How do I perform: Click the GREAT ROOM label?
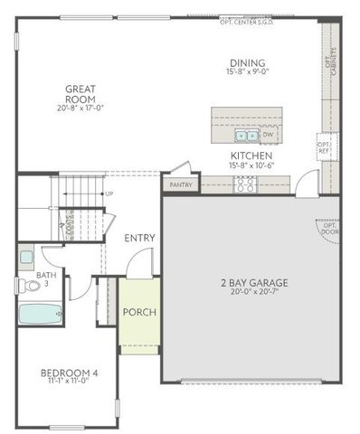pyautogui.click(x=81, y=93)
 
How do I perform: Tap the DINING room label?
pyautogui.click(x=247, y=62)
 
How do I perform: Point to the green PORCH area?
pyautogui.click(x=139, y=313)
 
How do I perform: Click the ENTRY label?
pyautogui.click(x=140, y=238)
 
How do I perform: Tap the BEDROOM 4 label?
pyautogui.click(x=69, y=373)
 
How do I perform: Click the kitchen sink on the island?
pyautogui.click(x=244, y=137)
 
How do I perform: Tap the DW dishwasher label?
pyautogui.click(x=268, y=136)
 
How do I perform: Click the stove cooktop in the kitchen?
pyautogui.click(x=244, y=184)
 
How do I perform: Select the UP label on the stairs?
pyautogui.click(x=109, y=193)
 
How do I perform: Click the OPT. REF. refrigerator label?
pyautogui.click(x=323, y=145)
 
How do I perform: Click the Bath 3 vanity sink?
pyautogui.click(x=26, y=257)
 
